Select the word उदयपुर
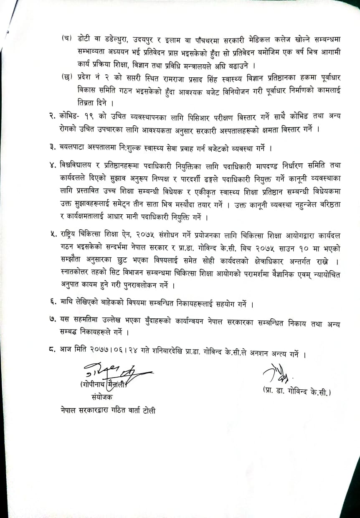point(148,39)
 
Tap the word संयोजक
point(101,397)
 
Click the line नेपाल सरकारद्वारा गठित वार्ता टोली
point(107,411)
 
